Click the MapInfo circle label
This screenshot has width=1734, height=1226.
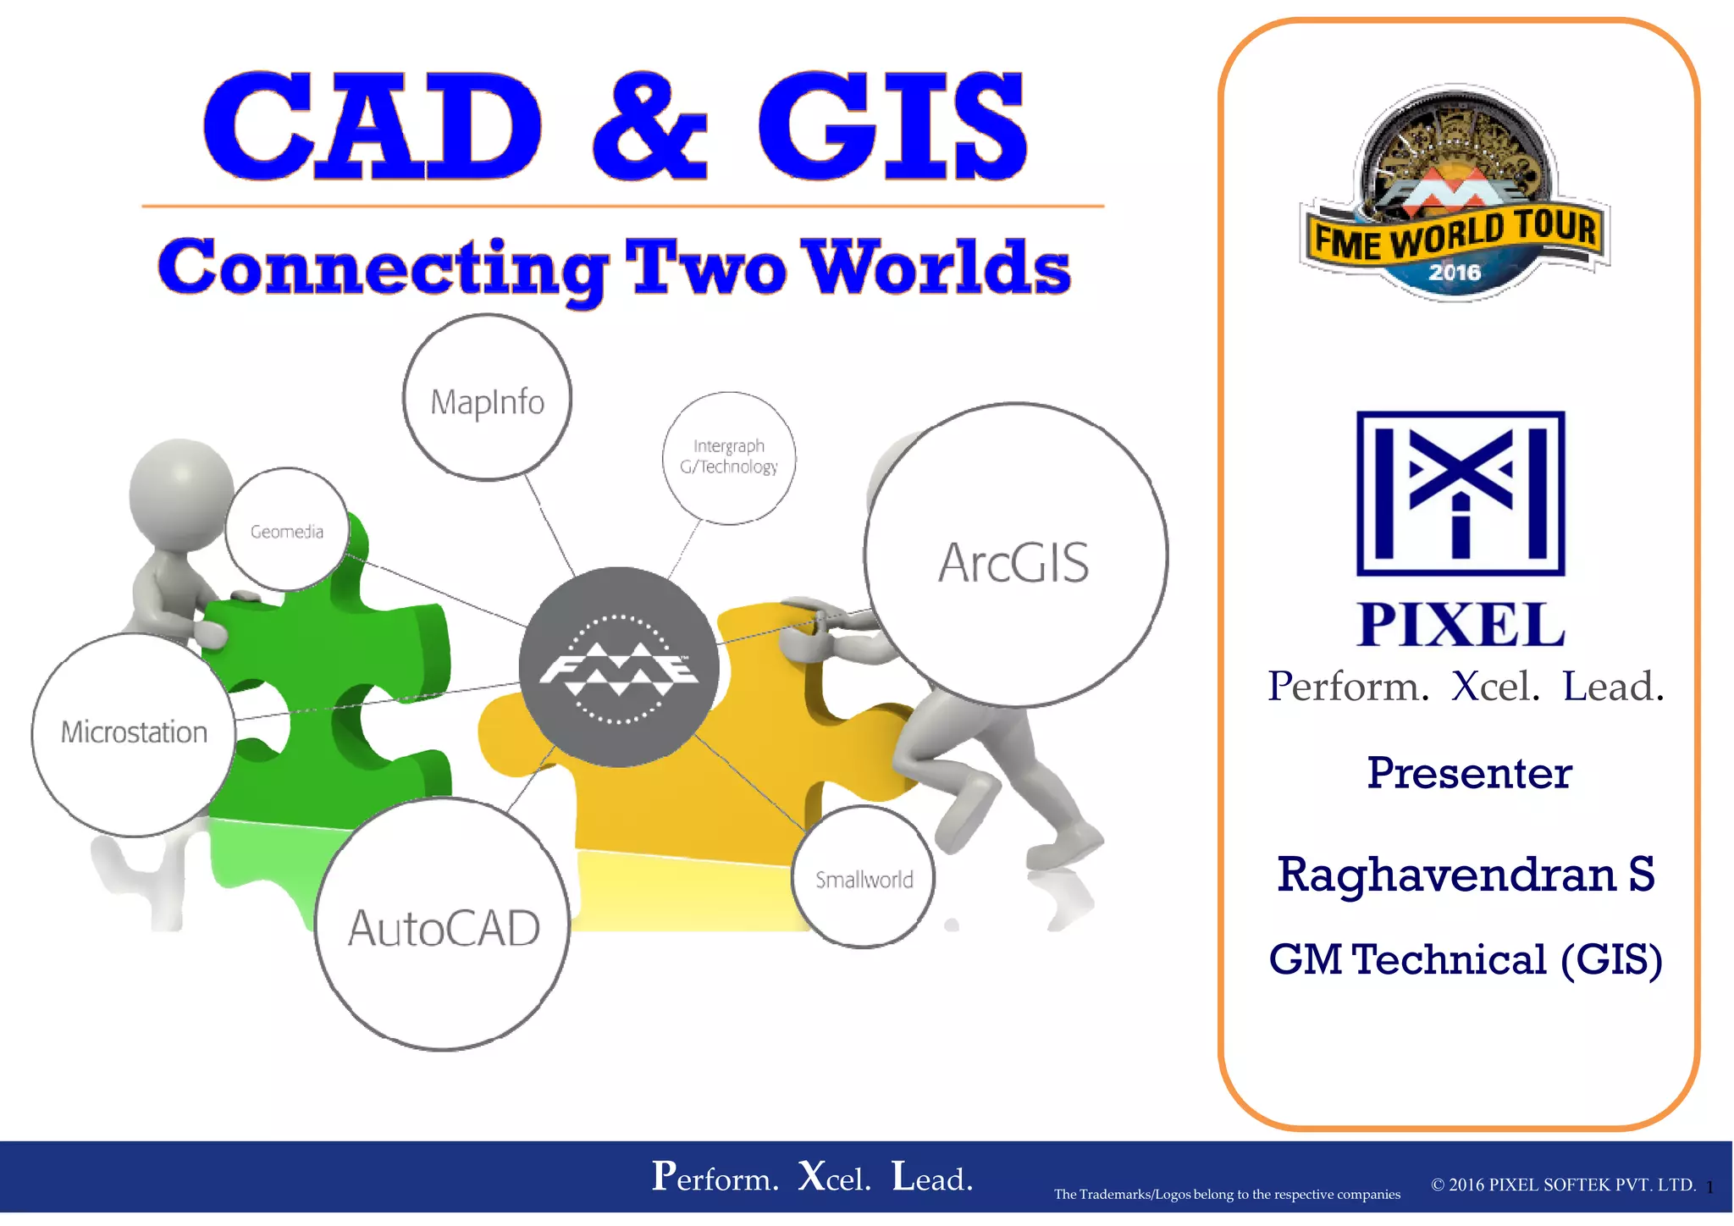(487, 401)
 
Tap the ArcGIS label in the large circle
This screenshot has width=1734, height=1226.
(1013, 563)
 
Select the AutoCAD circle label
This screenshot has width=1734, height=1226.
(444, 928)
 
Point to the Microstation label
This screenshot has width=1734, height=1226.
(134, 732)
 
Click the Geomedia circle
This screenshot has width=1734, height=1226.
(287, 531)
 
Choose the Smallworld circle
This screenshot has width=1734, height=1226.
(864, 879)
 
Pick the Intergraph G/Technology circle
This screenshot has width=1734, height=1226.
(729, 457)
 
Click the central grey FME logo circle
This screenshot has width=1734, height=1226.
(619, 667)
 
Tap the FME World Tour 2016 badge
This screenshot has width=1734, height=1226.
(1454, 195)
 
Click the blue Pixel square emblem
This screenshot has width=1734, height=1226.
(1461, 494)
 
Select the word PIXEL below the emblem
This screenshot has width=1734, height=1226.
(1461, 625)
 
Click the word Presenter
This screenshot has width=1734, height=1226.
(1469, 773)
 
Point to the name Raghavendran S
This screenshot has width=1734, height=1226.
(1466, 875)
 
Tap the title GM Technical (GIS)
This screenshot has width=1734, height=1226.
(1466, 960)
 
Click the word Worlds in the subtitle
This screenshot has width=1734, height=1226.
(936, 267)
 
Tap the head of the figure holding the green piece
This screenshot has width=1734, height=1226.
(180, 491)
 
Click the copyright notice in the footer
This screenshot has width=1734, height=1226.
(1563, 1185)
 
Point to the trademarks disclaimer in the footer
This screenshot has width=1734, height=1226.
(1227, 1195)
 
